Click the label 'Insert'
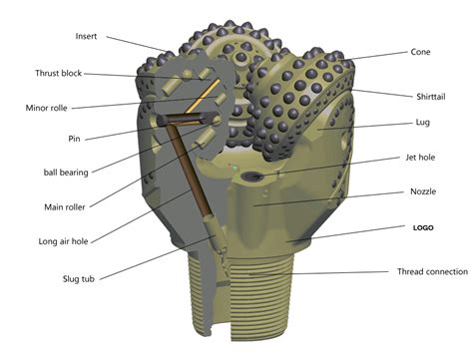coord(86,37)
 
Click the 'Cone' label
coord(421,52)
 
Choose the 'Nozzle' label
coord(422,191)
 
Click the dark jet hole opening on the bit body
coord(254,177)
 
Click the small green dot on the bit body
coord(236,170)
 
